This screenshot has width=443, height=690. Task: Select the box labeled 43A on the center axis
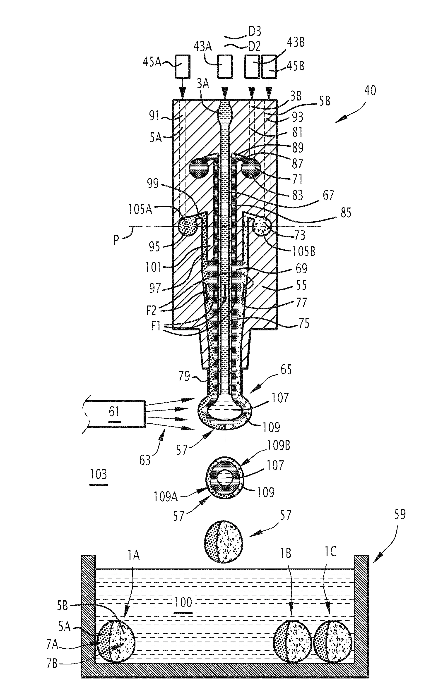225,66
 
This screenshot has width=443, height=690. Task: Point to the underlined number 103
98,475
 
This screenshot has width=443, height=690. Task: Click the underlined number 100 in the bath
183,602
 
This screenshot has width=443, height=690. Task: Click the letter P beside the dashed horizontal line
116,239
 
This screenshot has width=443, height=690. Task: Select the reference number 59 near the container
400,514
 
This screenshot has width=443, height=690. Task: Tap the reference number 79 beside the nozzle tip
184,376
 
